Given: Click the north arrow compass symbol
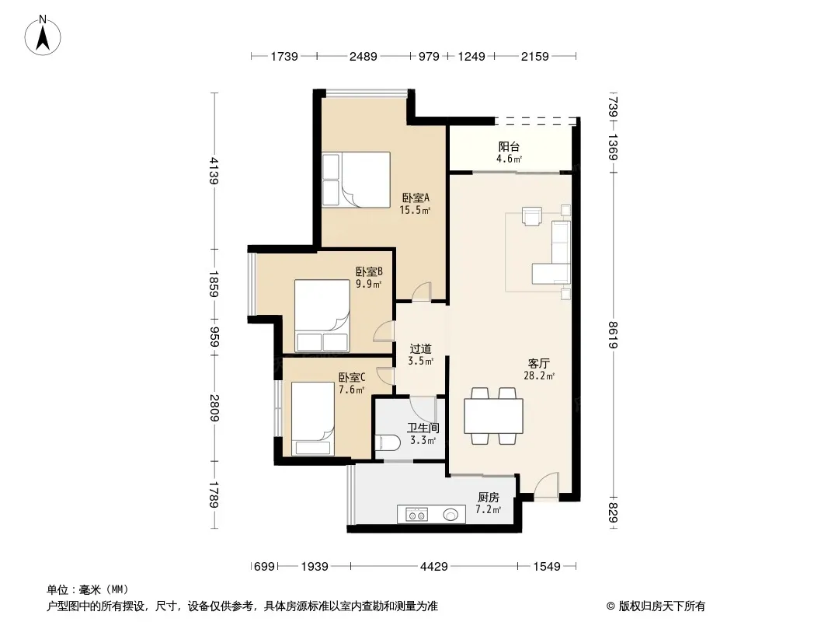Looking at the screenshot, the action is (43, 36).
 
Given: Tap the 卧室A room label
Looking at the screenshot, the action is (416, 198).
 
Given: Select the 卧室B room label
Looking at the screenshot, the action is (369, 272).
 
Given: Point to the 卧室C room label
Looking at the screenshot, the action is (352, 378).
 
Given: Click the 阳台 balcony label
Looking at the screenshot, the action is (509, 147).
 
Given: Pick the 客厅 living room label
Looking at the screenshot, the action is (538, 364).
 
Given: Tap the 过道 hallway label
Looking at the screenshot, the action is (420, 349).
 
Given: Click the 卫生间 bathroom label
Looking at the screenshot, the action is (423, 428).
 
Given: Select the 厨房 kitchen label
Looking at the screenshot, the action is (488, 498).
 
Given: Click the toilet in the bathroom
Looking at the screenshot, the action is (386, 443).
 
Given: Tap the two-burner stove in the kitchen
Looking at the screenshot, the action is (416, 514).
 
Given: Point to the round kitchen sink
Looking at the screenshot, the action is (451, 514).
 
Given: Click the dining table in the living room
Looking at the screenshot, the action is (493, 417).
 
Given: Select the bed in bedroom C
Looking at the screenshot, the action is (312, 419).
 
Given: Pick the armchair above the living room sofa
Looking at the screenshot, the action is (532, 215).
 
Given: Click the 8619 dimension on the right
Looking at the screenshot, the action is (613, 335).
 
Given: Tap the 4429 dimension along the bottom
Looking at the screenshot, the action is (433, 567).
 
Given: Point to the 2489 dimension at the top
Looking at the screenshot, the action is (364, 56).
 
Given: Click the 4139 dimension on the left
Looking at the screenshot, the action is (214, 170).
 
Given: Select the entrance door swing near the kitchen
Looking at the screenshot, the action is (545, 484).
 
